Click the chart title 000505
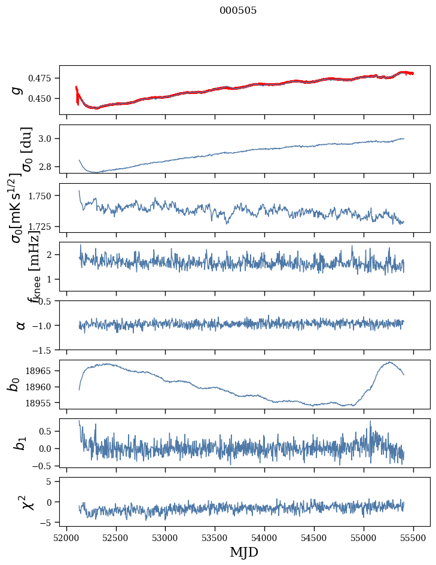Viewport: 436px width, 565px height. (238, 11)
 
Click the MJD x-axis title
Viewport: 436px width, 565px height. (244, 552)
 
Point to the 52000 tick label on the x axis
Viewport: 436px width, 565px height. (66, 537)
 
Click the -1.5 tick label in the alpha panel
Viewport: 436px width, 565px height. (45, 350)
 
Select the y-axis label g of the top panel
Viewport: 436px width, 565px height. (18, 90)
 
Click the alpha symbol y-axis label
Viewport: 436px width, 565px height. (20, 325)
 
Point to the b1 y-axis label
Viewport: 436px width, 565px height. (19, 443)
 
